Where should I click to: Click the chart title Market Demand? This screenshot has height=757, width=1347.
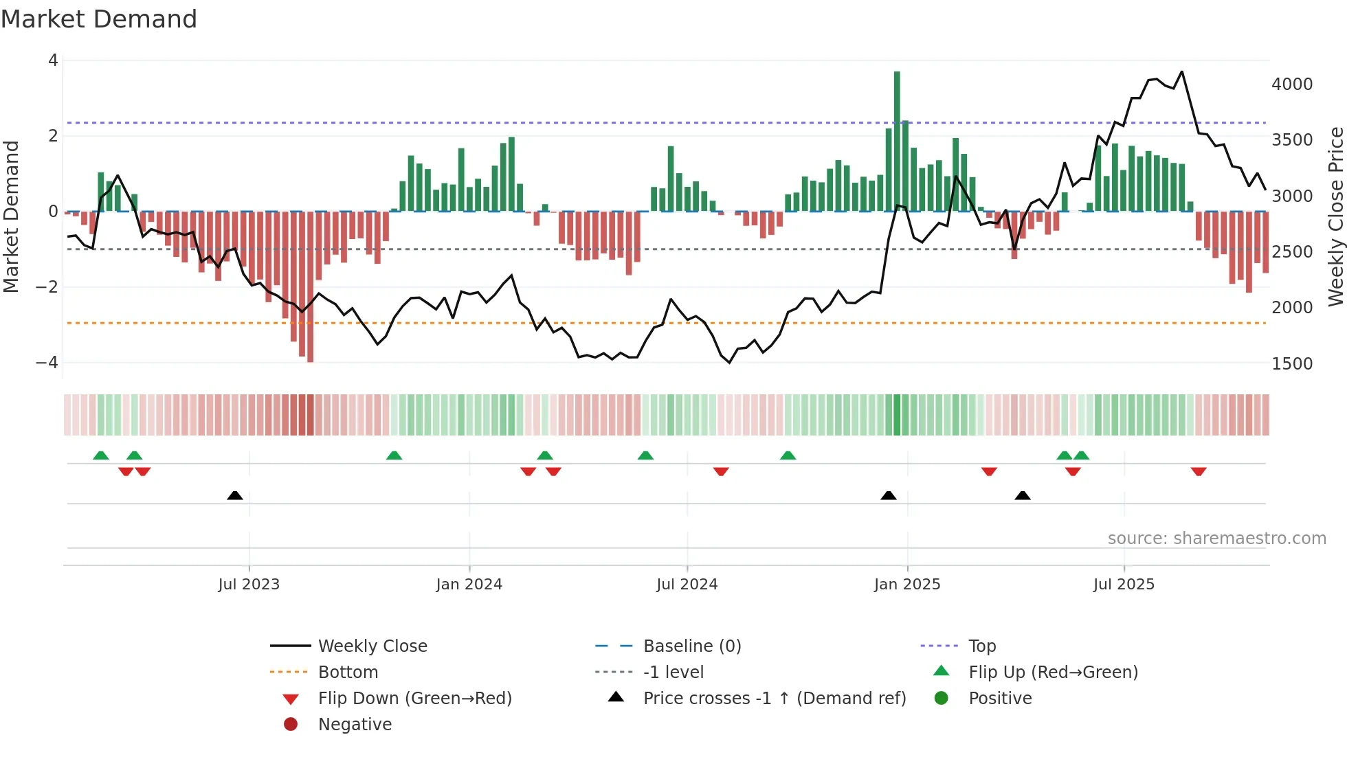(99, 19)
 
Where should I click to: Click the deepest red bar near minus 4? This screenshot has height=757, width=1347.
(311, 289)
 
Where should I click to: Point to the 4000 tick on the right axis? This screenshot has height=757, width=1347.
(1291, 84)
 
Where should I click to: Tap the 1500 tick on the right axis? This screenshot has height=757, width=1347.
(1291, 363)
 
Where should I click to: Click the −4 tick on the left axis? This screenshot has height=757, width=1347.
(47, 362)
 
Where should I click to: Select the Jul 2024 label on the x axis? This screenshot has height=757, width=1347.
(687, 585)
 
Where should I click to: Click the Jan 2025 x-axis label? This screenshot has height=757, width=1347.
(906, 585)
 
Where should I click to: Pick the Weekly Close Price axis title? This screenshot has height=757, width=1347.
(1335, 216)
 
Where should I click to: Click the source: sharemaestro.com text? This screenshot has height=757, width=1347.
(1216, 539)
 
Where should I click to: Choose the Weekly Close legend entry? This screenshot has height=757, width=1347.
(372, 646)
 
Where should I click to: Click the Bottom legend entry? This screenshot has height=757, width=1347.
(348, 673)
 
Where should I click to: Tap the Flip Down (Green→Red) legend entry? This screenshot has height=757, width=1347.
(414, 699)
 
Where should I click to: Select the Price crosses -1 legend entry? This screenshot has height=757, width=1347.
(774, 699)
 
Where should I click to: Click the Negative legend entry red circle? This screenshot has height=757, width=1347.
(291, 725)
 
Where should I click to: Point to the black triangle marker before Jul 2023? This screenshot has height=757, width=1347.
(235, 495)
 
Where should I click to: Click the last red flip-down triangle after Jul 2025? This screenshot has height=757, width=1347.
(1199, 471)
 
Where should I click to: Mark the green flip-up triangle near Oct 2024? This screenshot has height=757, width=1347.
(788, 455)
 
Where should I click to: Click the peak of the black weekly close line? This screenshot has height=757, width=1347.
(1181, 71)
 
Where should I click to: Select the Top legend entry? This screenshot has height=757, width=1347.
(981, 646)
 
